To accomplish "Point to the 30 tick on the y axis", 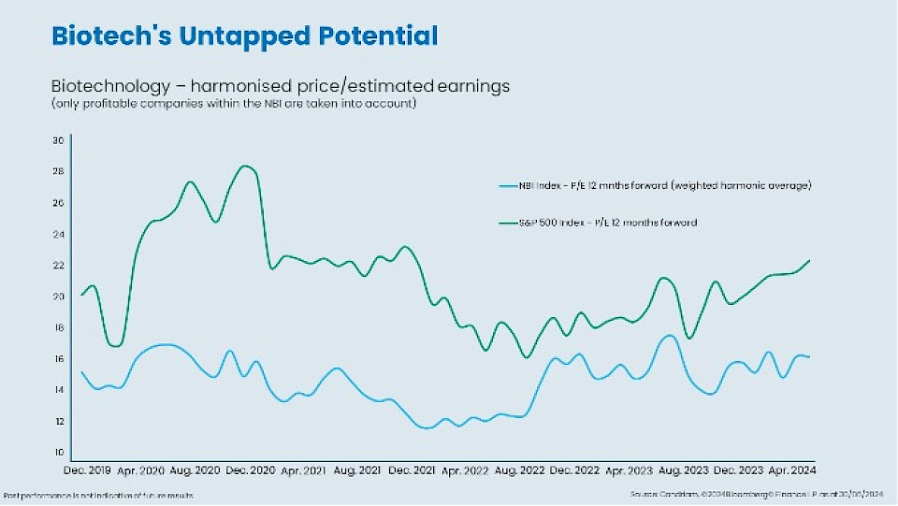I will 57,140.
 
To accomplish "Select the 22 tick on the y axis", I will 57,265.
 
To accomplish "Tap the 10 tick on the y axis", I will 57,453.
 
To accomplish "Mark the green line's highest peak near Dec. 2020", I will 246,166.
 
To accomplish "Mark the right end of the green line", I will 809,260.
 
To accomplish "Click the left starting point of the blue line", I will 82,372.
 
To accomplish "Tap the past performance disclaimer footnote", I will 98,494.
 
